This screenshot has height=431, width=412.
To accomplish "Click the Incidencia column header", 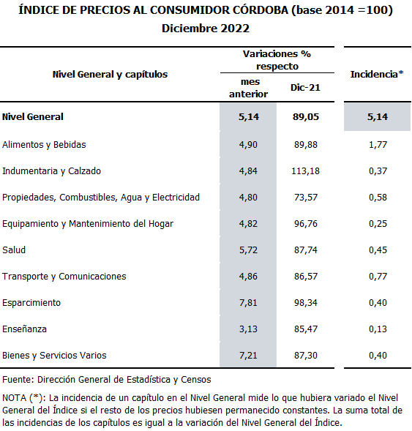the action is (377, 74).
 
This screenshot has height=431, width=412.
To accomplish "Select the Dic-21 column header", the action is (305, 88).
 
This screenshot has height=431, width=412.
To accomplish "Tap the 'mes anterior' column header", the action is (249, 88).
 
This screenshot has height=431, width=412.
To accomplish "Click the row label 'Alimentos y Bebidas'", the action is (44, 145).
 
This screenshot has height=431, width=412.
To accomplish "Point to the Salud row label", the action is (14, 250).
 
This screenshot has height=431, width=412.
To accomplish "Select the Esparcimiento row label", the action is (31, 303).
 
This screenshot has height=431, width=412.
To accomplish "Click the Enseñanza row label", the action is (24, 329).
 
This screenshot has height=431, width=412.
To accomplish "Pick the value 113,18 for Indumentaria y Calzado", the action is (305, 171).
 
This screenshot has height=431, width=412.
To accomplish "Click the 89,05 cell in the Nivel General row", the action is (306, 117).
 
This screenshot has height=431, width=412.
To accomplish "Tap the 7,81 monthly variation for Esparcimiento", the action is (248, 303).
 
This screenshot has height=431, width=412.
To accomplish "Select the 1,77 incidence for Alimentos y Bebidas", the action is (378, 145).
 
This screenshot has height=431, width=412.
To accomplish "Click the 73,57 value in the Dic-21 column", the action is (306, 198).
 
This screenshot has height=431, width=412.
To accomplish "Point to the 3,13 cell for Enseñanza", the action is (248, 329).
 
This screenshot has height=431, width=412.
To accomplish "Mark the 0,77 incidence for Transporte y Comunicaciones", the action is (378, 277).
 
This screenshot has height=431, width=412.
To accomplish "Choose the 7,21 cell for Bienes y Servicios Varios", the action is (248, 356).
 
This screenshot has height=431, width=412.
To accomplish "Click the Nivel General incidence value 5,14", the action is (378, 117).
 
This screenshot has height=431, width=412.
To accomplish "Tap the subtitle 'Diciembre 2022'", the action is (206, 29).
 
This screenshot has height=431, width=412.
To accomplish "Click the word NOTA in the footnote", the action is (15, 398).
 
